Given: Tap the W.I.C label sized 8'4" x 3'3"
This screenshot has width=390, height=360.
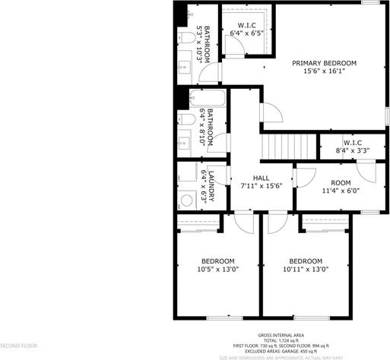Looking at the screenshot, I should tap(352, 142).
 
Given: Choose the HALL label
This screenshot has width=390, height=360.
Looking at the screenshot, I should tap(261, 177).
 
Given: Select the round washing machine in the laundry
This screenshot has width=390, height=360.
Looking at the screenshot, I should tap(186, 201).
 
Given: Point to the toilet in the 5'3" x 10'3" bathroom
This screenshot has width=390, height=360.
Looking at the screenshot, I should tap(185, 38).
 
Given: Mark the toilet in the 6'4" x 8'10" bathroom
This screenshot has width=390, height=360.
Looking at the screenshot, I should tap(185, 119).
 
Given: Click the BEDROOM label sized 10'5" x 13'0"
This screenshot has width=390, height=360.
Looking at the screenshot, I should tap(218, 261).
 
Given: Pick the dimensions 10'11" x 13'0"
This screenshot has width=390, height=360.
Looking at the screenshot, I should tap(305, 269).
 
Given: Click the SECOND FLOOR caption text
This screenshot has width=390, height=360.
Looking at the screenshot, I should tap(19, 345).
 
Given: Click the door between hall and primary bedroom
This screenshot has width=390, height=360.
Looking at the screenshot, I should tap(270, 112).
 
